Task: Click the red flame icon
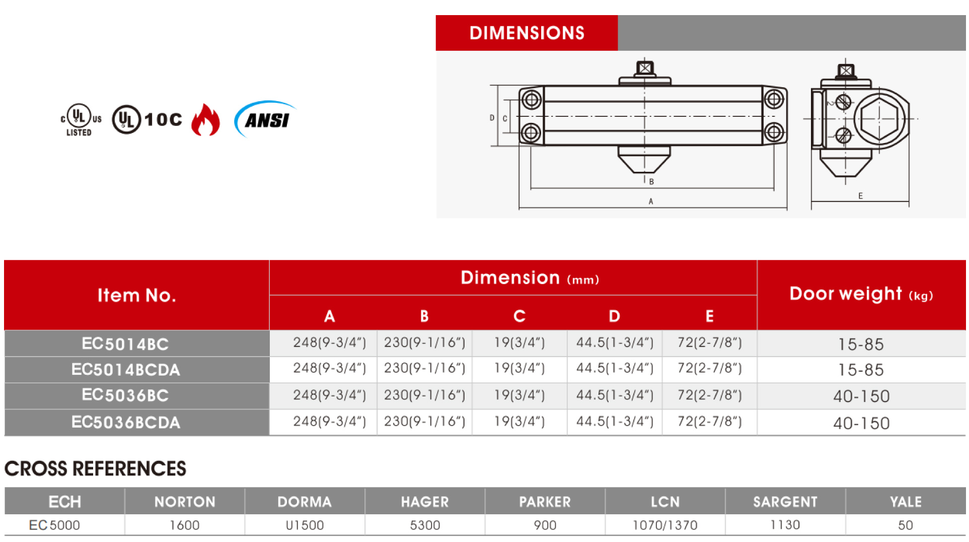[x=205, y=120]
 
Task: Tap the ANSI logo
[x=265, y=119]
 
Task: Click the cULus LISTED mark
[x=81, y=120]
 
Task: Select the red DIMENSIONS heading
[x=527, y=33]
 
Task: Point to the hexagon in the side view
[x=879, y=119]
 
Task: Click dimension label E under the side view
[x=860, y=196]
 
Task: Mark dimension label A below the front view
[x=651, y=201]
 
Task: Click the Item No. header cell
[x=136, y=295]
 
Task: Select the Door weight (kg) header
[x=861, y=294]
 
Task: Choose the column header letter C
[x=519, y=316]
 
